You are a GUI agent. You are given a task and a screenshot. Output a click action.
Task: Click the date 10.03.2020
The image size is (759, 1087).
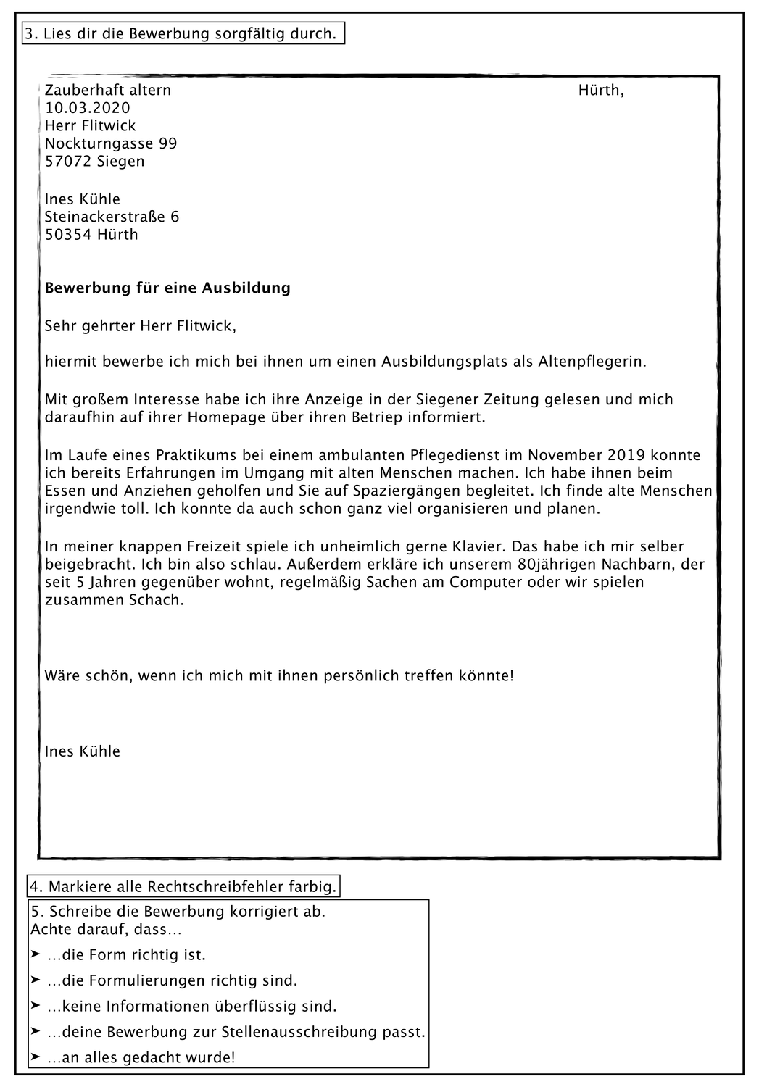tap(87, 108)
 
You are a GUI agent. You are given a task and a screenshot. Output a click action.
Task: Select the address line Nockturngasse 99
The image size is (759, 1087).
tap(111, 143)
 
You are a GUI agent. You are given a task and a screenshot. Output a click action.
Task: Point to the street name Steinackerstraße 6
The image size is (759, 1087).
tap(112, 217)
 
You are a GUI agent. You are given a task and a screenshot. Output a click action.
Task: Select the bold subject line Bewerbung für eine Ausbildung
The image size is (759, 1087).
tap(167, 288)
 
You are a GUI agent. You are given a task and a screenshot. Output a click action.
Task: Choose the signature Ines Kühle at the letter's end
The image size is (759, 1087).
tap(83, 751)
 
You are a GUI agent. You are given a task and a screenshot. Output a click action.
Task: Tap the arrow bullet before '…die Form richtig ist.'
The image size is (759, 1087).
tap(36, 954)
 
